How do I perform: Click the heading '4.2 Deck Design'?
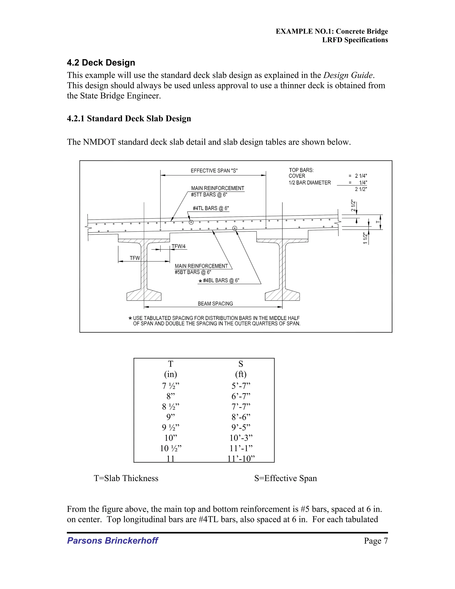[x=101, y=63]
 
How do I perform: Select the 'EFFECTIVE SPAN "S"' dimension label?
[x=214, y=171]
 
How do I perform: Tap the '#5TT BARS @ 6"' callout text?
[x=209, y=195]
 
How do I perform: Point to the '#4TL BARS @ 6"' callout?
[x=211, y=208]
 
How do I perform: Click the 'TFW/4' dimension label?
[x=178, y=246]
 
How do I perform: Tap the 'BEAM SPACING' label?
[x=215, y=304]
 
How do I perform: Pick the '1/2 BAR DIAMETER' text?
[x=309, y=182]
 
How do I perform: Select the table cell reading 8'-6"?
[x=241, y=417]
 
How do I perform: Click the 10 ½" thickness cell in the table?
[x=171, y=448]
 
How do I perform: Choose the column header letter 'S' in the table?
[x=241, y=364]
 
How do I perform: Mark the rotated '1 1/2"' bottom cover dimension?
[x=365, y=238]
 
